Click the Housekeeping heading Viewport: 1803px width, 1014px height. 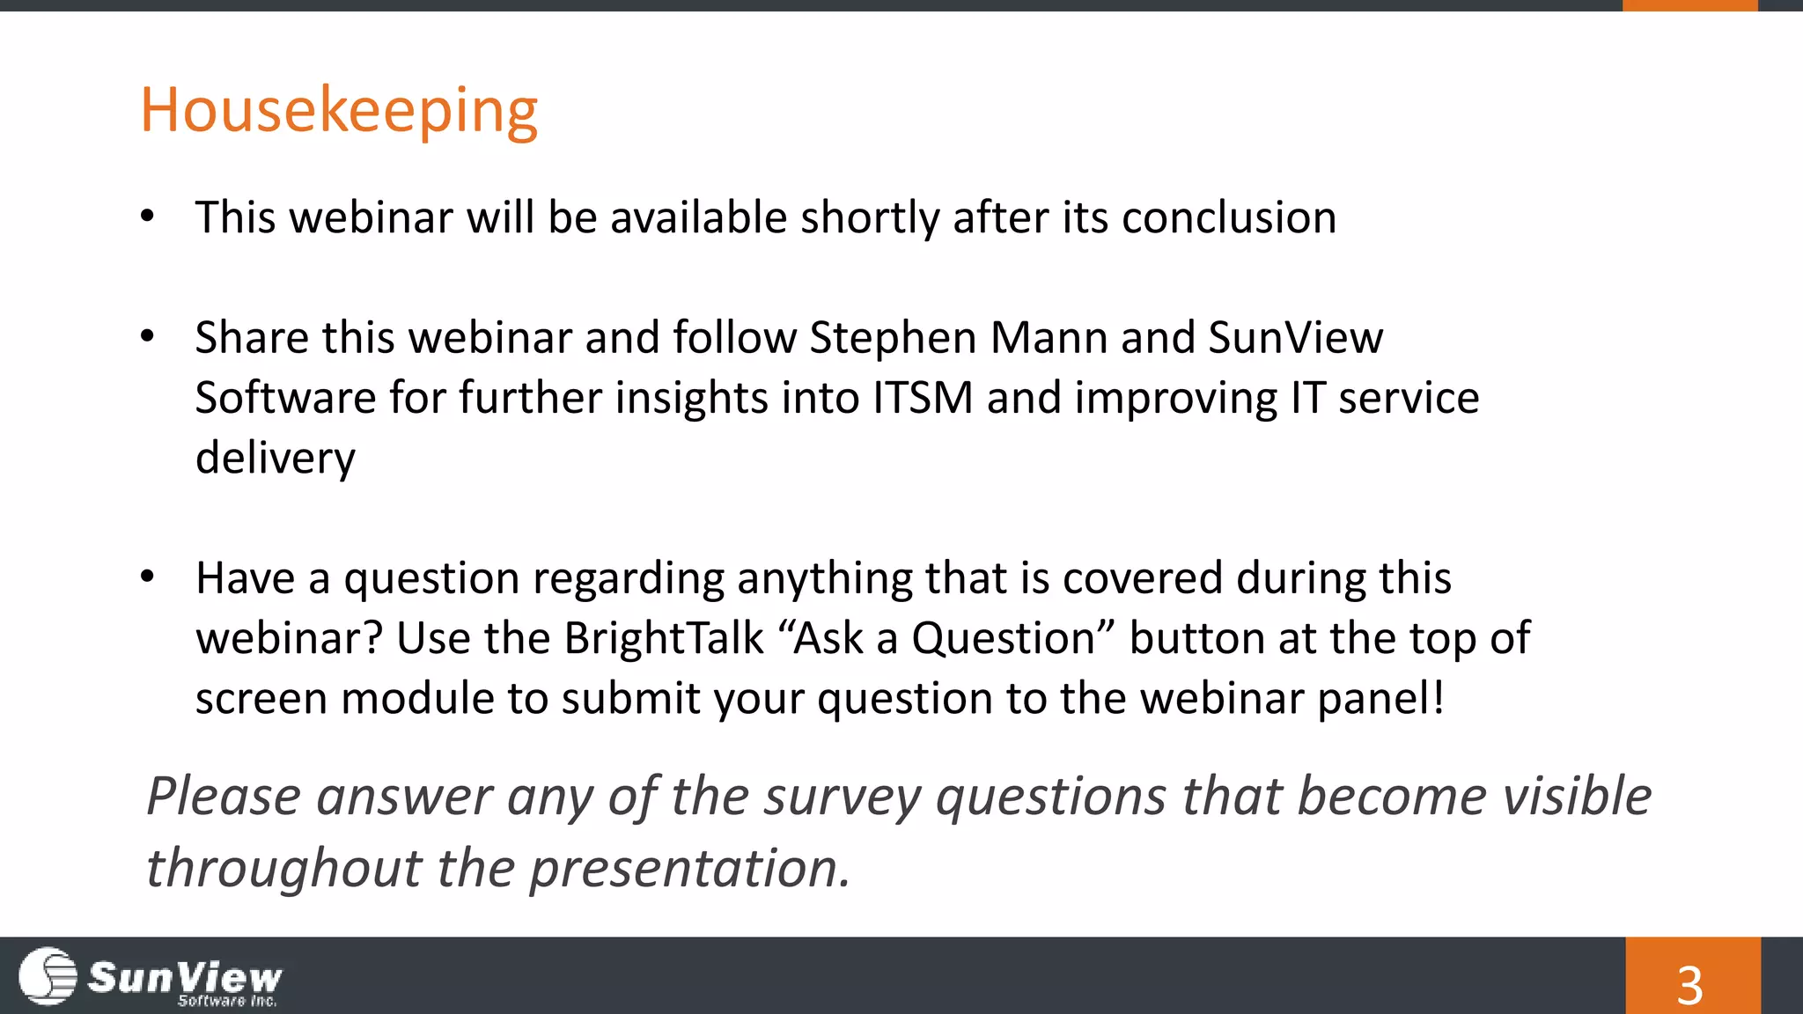tap(339, 111)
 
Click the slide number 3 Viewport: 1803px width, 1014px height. tap(1689, 985)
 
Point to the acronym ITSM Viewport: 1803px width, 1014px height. tap(923, 398)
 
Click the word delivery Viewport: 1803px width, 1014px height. tap(276, 459)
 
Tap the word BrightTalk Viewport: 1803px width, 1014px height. tap(664, 638)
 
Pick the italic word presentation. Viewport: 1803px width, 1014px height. tap(689, 869)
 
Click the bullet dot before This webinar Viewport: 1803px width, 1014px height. tap(147, 216)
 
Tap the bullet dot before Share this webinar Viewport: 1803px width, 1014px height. tap(147, 336)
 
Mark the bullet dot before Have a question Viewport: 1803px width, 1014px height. tap(147, 577)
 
